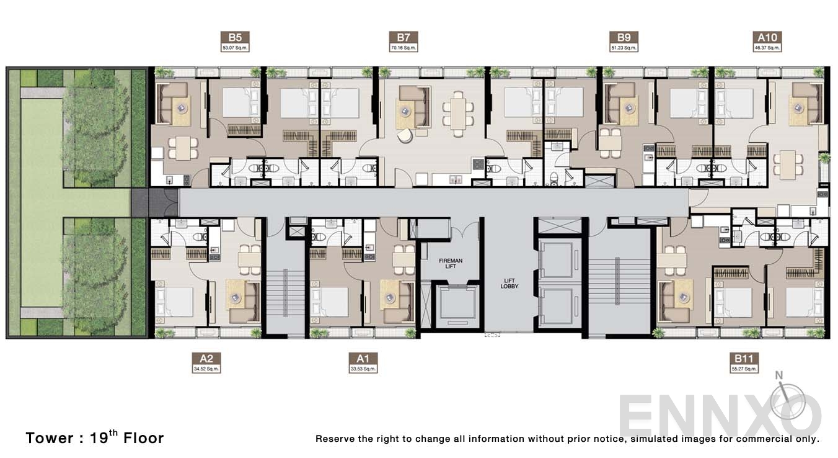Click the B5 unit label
[235, 37]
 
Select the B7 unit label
[404, 37]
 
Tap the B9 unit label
[623, 37]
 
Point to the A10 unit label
[767, 37]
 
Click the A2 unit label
[206, 358]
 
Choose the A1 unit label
[363, 358]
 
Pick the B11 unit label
[744, 358]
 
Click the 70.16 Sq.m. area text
[404, 47]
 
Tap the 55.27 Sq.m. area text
[744, 369]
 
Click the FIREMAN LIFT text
[451, 263]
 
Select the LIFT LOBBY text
[509, 283]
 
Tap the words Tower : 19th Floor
[95, 438]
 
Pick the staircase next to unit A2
[285, 292]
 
